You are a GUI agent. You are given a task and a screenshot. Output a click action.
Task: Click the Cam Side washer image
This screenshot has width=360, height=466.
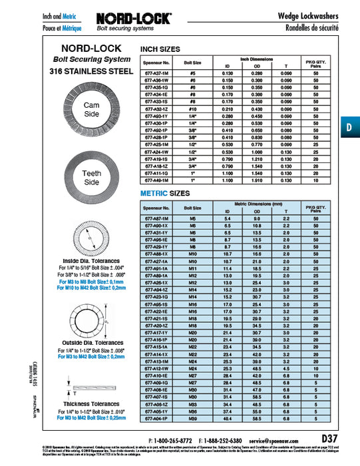tap(91, 111)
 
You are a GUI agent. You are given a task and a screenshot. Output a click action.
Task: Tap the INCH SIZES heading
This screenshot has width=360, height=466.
tap(160, 50)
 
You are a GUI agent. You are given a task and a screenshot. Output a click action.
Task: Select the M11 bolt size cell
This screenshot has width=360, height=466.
tap(194, 268)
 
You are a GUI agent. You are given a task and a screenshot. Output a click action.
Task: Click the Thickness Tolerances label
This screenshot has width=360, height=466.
tap(91, 403)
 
